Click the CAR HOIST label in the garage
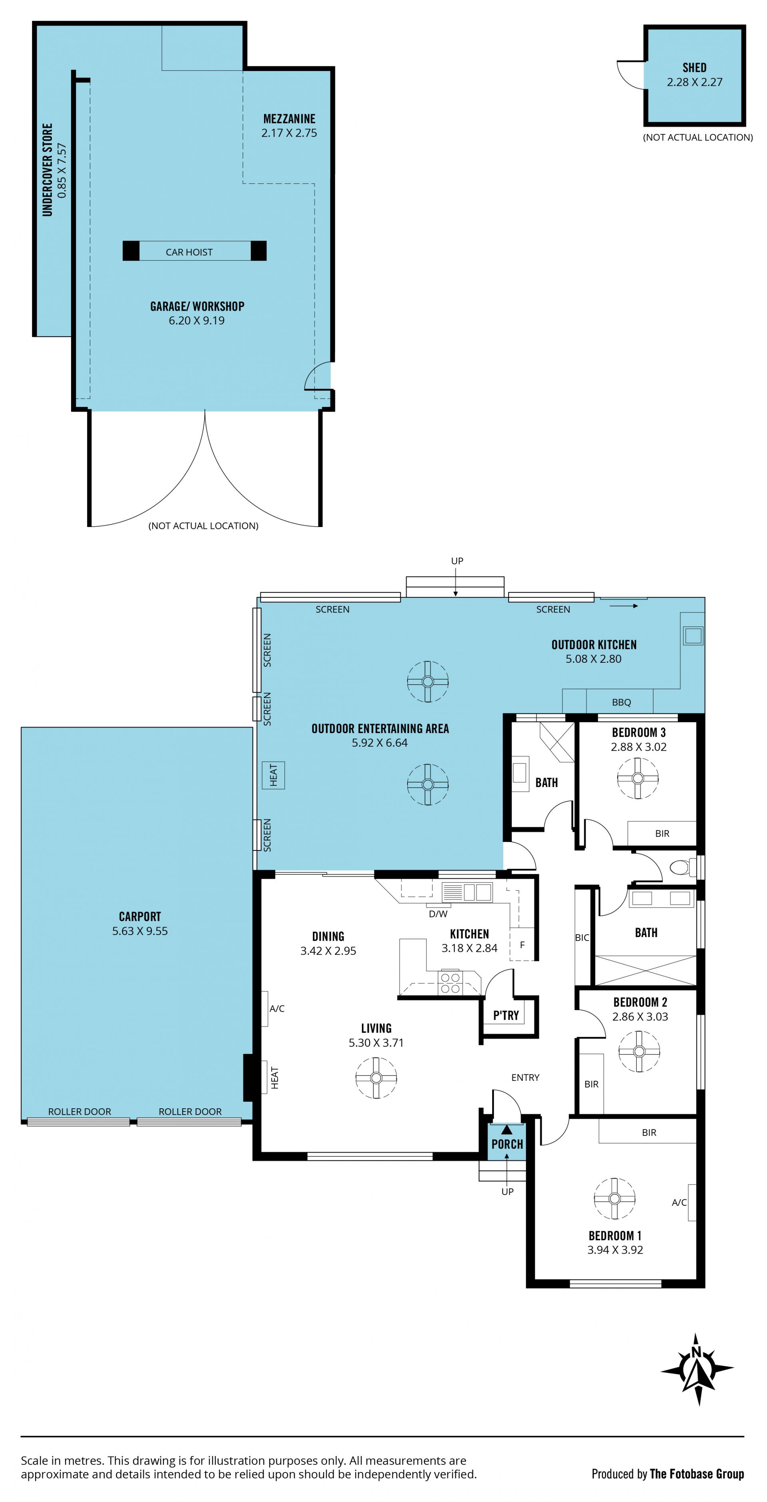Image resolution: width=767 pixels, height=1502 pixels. (x=189, y=252)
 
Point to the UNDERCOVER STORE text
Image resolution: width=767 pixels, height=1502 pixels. (x=47, y=170)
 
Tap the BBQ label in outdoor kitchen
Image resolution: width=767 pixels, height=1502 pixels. (x=621, y=702)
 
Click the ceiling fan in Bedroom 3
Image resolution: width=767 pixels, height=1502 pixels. (x=638, y=778)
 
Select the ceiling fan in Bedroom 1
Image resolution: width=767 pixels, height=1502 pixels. (x=614, y=1198)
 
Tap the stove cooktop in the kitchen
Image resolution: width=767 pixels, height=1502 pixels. (x=450, y=983)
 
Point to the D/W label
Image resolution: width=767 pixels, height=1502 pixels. (x=438, y=913)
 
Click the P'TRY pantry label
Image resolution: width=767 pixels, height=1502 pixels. (x=506, y=1015)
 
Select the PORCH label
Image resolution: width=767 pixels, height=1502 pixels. (x=507, y=1143)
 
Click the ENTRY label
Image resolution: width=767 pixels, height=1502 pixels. (x=525, y=1078)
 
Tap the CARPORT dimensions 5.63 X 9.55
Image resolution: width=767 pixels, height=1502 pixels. (x=140, y=931)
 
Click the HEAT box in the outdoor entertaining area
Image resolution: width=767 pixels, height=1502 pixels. (x=274, y=775)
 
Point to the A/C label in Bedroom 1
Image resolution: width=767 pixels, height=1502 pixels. (x=679, y=1202)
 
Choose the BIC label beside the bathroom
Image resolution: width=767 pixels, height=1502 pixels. (x=582, y=937)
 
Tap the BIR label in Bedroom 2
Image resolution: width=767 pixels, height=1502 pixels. (x=592, y=1084)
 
